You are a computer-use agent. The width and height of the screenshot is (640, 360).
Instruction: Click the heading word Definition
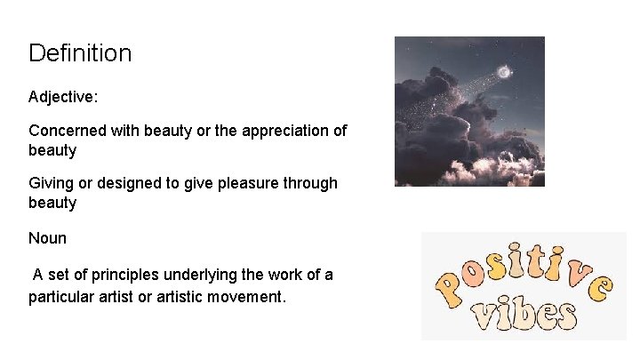pyautogui.click(x=80, y=53)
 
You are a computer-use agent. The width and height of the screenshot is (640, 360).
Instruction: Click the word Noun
pyautogui.click(x=47, y=238)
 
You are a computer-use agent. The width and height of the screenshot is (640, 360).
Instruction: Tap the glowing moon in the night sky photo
pyautogui.click(x=504, y=72)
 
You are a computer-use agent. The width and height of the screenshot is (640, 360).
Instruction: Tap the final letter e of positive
pyautogui.click(x=601, y=287)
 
